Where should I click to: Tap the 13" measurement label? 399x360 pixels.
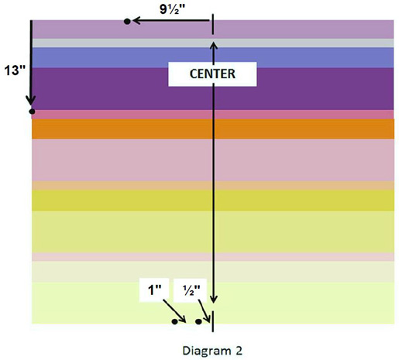pos(15,70)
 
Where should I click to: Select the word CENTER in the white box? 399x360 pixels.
pos(212,74)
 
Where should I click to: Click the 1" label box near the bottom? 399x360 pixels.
pos(154,290)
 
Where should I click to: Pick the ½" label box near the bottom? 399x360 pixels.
pos(191,290)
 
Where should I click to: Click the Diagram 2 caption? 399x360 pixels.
pos(212,351)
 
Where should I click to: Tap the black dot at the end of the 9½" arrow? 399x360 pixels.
pos(127,22)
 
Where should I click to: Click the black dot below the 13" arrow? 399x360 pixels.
pos(32,111)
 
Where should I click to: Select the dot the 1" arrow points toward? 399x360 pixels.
pos(175,322)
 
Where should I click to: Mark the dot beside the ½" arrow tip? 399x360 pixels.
pos(198,322)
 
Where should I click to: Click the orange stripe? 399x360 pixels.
pos(213,129)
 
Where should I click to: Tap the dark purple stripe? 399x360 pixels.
pos(212,89)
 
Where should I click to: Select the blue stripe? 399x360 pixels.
pos(212,58)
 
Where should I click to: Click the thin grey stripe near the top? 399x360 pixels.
pos(212,43)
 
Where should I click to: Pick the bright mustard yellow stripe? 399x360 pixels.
pos(213,201)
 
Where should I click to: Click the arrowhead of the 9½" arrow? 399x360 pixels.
pos(136,20)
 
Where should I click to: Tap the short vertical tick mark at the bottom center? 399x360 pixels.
pos(213,321)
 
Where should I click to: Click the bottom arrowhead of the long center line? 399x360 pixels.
pos(213,300)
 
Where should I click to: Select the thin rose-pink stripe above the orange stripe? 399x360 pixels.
pos(212,115)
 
